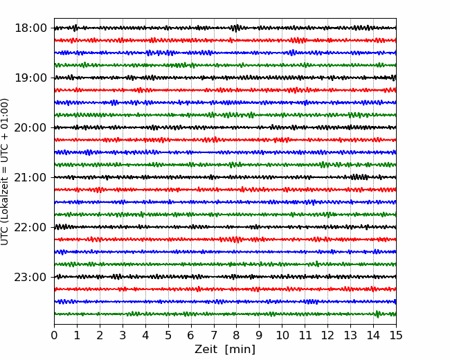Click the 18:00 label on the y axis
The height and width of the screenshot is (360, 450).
coord(30,28)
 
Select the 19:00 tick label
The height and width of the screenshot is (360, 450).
coord(30,78)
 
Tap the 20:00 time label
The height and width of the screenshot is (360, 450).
coord(30,127)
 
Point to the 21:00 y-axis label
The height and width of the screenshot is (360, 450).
coord(30,177)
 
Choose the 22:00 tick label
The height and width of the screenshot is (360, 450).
coord(30,227)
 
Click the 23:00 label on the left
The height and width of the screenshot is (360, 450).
coord(30,277)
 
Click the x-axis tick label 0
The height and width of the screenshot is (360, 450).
coord(54,335)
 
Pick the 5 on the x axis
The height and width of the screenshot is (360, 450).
coord(168,335)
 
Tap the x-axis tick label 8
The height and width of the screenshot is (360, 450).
coord(237,335)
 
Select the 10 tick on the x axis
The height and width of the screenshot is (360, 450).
coord(282,335)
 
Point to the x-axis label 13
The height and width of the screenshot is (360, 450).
coord(350,335)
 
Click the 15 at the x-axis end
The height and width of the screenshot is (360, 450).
coord(396,335)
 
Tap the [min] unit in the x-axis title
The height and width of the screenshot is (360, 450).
coord(240,350)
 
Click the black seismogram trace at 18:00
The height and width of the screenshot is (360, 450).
coord(225,28)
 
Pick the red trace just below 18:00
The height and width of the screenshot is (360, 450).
coord(225,40)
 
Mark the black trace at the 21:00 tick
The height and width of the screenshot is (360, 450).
coord(225,177)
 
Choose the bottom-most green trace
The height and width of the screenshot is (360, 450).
coord(225,314)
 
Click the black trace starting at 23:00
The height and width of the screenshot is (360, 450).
coord(225,277)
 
